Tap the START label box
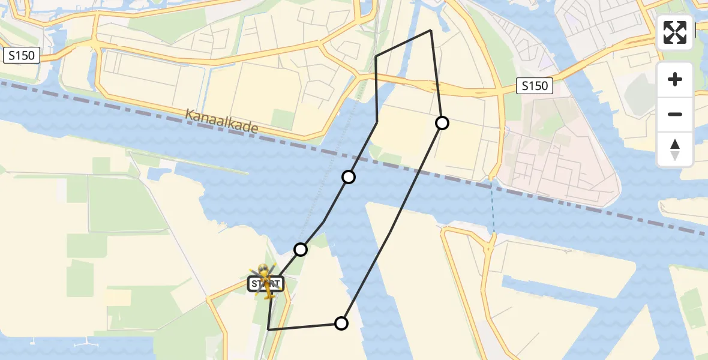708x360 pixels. click(265, 284)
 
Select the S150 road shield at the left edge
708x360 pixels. click(22, 56)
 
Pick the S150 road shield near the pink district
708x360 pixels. click(535, 86)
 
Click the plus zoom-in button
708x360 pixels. click(675, 79)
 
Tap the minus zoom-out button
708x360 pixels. click(675, 114)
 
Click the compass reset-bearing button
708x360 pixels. click(675, 149)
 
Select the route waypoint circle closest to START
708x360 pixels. click(301, 249)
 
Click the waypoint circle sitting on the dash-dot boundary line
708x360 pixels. click(349, 177)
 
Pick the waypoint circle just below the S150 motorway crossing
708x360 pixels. click(442, 123)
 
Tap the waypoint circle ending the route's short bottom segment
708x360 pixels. click(341, 323)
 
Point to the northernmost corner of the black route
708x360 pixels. click(431, 30)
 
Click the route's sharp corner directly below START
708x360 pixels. click(268, 329)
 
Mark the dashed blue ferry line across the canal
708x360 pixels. click(493, 207)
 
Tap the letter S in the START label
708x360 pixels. click(254, 284)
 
